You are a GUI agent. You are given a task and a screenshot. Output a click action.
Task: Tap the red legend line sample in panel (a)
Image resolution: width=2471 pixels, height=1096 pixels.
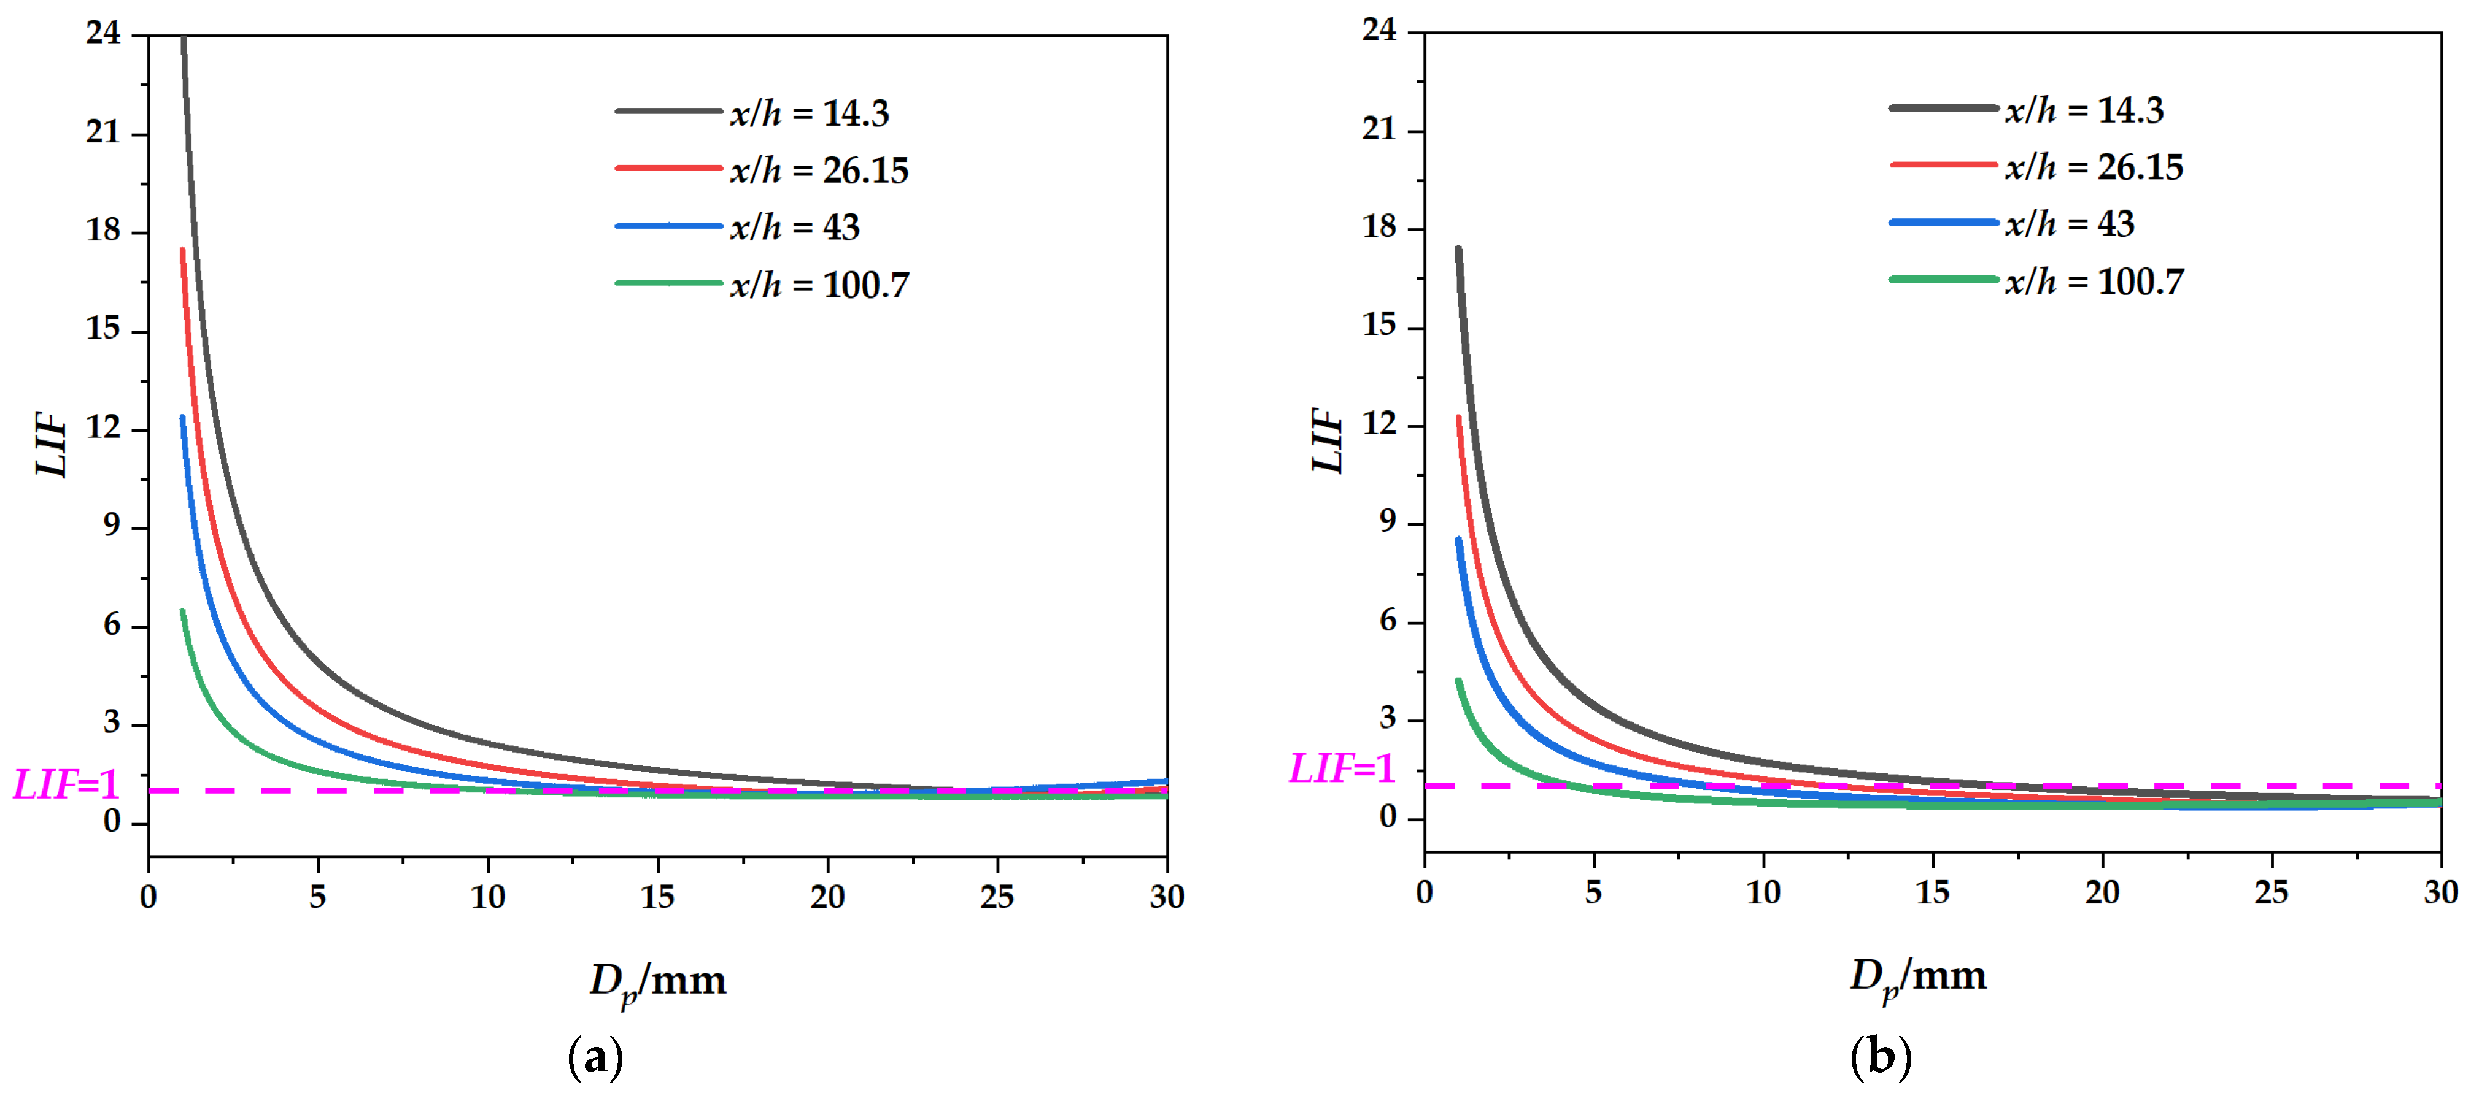click(668, 169)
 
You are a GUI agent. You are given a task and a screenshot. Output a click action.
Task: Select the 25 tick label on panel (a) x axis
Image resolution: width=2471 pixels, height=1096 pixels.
click(997, 897)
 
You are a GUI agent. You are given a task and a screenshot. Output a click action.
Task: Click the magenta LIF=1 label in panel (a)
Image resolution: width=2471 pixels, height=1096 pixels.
click(65, 785)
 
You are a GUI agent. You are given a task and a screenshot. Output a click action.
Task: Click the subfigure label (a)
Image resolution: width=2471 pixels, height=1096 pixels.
click(596, 1057)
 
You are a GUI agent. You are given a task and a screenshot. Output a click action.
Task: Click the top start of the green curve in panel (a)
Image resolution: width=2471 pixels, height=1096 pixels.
click(182, 611)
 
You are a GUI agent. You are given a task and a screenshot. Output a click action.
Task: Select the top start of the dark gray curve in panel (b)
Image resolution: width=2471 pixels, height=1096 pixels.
click(1458, 249)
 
